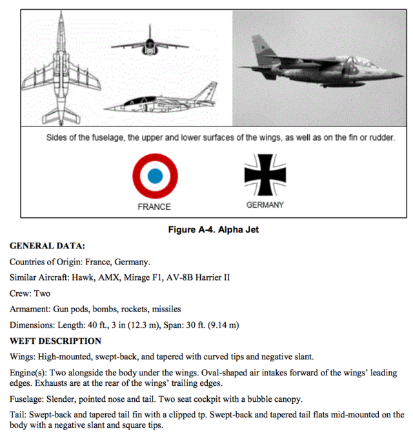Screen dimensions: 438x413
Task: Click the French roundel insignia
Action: pos(155,175)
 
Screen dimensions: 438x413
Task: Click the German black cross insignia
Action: pos(265,175)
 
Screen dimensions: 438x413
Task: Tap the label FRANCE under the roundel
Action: pos(154,207)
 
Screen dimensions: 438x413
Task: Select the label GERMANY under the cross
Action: pos(265,205)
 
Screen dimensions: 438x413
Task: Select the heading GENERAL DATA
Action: pos(47,246)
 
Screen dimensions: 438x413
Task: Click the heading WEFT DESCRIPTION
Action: pos(55,341)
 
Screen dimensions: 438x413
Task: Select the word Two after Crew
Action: pos(42,293)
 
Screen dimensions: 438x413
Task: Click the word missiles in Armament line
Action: pos(165,309)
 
